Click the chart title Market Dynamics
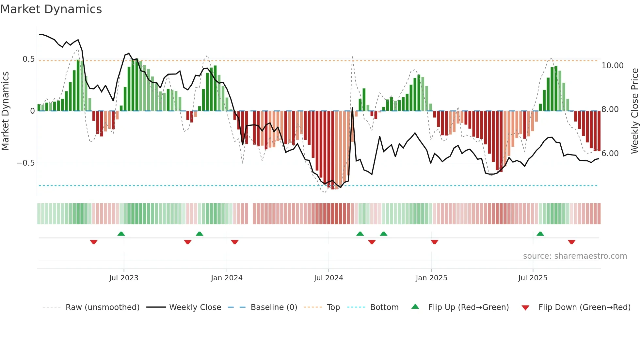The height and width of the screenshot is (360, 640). pos(51,9)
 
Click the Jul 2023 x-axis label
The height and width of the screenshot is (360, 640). pos(124,278)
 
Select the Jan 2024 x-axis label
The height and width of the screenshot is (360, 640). pos(227,278)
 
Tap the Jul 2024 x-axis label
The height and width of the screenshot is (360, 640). pos(328,278)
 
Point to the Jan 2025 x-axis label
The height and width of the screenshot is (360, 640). pos(431,278)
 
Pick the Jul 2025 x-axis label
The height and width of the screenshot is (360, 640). pos(533,278)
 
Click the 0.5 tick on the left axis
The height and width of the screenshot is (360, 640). pos(28,59)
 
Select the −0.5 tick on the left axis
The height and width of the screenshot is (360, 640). pos(26,163)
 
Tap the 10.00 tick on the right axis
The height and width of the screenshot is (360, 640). pos(612,66)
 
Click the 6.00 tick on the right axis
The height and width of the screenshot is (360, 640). pos(610,154)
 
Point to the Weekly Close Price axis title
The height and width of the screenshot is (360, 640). pos(634,111)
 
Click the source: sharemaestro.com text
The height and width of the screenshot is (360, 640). pos(575,256)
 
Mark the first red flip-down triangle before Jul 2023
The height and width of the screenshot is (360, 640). pos(94,242)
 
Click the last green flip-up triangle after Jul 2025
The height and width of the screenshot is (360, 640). pos(540,234)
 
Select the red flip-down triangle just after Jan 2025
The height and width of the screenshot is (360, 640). pos(434,242)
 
